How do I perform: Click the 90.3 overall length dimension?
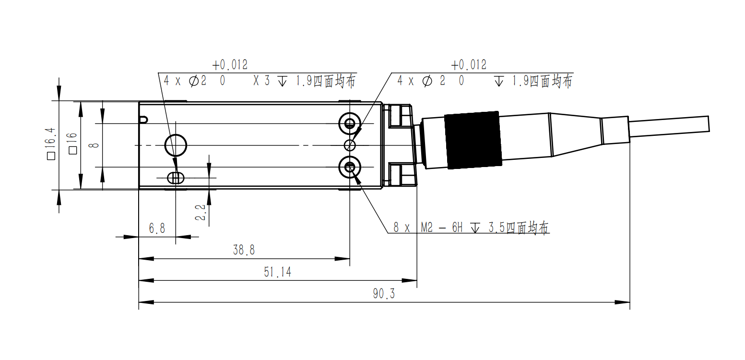(x=384, y=294)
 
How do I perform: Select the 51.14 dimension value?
(x=277, y=272)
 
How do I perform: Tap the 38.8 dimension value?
(x=244, y=250)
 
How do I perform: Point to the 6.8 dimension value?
(x=157, y=228)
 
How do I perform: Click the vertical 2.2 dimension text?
(x=201, y=213)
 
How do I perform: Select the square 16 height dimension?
(x=73, y=144)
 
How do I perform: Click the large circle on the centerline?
(x=176, y=144)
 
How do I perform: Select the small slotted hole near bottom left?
(x=176, y=178)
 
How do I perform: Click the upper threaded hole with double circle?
(x=349, y=123)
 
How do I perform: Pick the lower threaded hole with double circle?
(x=349, y=167)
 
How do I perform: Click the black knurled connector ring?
(x=473, y=140)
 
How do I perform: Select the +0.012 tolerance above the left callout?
(x=230, y=65)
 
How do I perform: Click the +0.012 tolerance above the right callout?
(x=468, y=65)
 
